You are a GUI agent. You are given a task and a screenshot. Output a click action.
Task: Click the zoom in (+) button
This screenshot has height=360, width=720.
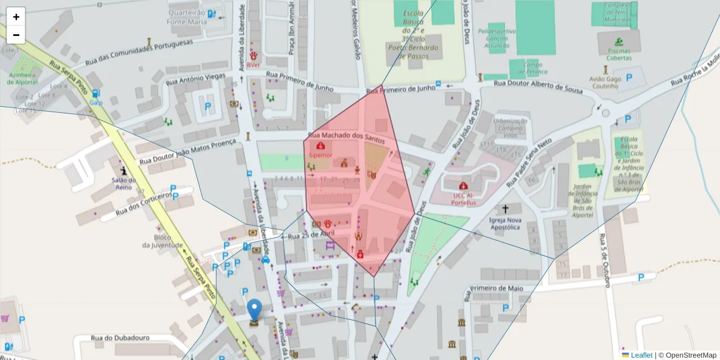pyautogui.click(x=16, y=17)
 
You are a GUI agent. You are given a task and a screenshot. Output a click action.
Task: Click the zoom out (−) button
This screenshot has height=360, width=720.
pyautogui.click(x=16, y=35)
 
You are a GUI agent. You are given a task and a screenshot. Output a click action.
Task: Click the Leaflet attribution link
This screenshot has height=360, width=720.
pyautogui.click(x=641, y=355)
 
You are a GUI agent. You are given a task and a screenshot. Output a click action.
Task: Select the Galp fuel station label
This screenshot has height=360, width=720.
pyautogui.click(x=96, y=102)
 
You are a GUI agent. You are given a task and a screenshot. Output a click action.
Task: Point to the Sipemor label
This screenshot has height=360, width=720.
pyautogui.click(x=320, y=155)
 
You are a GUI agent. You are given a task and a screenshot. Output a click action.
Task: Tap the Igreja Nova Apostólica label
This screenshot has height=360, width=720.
pyautogui.click(x=505, y=224)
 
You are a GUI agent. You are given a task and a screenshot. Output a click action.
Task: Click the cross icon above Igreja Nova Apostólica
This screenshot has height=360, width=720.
pyautogui.click(x=505, y=209)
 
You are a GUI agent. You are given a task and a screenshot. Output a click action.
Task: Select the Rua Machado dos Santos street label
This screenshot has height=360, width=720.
pyautogui.click(x=353, y=137)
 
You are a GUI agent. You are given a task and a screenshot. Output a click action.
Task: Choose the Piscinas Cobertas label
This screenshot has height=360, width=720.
pyautogui.click(x=619, y=54)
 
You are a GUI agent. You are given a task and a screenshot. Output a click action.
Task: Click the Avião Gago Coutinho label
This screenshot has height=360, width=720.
pyautogui.click(x=604, y=82)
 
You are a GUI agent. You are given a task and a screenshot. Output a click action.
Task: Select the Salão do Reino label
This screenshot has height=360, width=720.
pyautogui.click(x=124, y=184)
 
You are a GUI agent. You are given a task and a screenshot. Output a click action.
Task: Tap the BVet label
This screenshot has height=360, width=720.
pyautogui.click(x=254, y=65)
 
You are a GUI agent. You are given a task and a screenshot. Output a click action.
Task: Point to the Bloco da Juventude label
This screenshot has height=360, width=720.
pyautogui.click(x=162, y=241)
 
